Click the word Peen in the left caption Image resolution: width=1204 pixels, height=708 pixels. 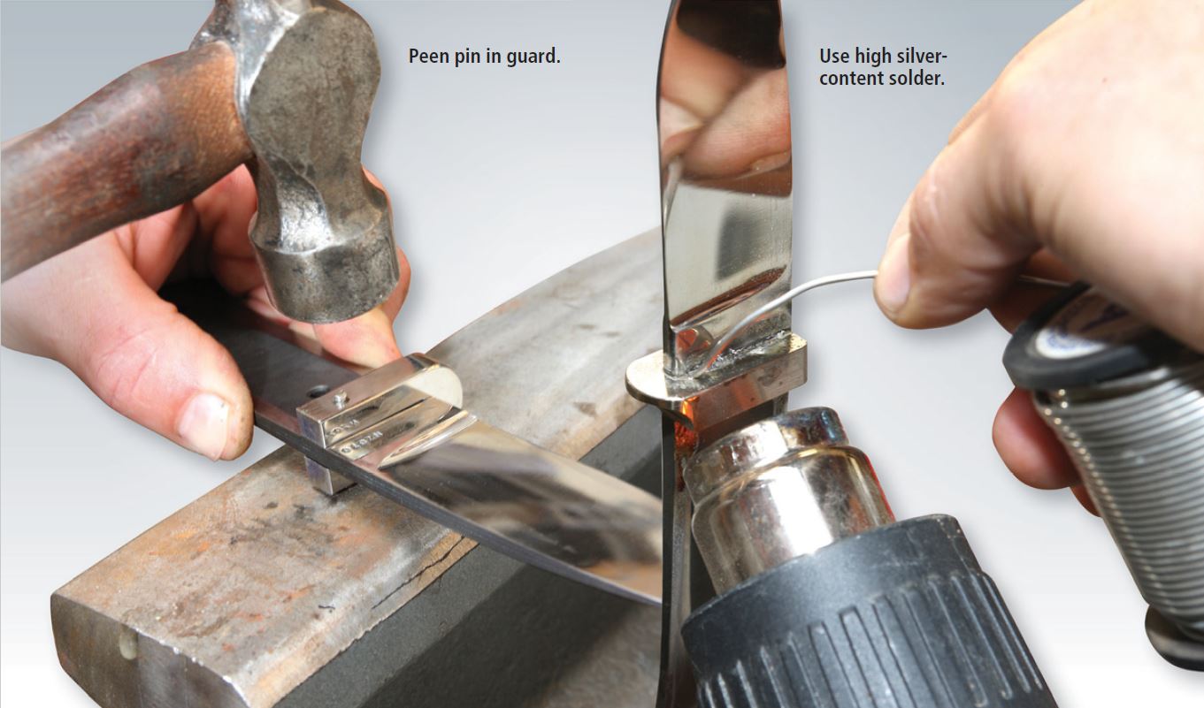pos(427,57)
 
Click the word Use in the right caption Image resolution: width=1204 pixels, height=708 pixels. pos(834,57)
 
